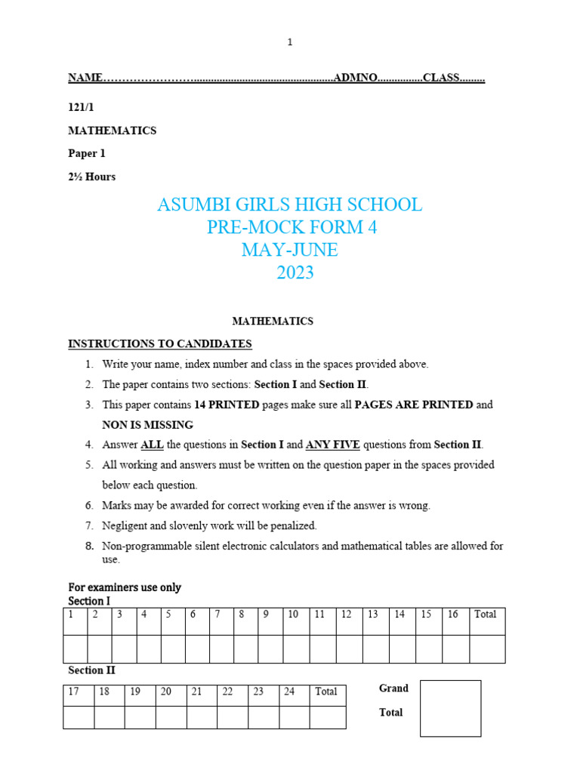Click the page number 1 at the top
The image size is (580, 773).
point(289,42)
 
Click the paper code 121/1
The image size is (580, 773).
point(81,108)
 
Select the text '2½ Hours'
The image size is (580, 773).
point(92,177)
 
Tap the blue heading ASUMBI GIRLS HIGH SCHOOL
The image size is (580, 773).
point(289,205)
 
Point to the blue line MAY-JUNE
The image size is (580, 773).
point(289,250)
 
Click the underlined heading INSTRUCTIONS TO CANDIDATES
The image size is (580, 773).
point(160,344)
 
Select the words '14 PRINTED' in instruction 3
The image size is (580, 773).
point(227,405)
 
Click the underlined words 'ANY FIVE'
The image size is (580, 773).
point(333,445)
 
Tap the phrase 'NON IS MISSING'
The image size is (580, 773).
point(148,425)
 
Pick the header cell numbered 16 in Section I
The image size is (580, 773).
point(455,621)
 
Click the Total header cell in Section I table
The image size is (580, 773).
point(487,621)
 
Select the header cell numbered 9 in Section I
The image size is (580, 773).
point(270,621)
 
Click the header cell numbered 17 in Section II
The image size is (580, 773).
point(79,695)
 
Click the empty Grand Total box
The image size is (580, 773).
point(450,708)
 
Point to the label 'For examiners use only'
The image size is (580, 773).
point(125,587)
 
